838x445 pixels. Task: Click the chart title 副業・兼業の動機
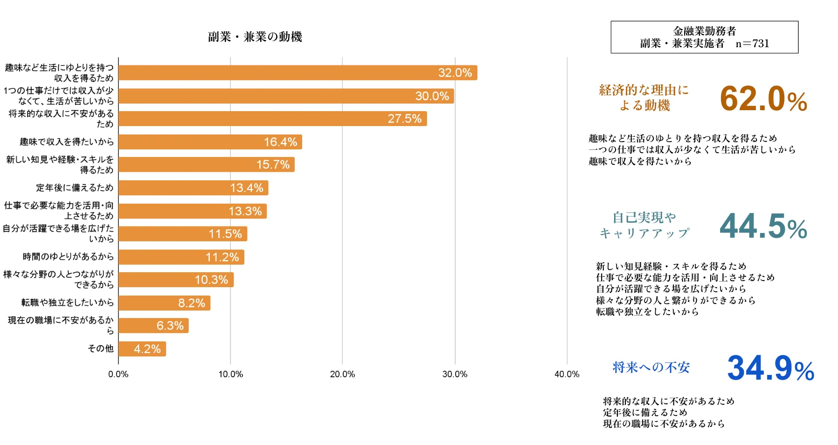coord(255,37)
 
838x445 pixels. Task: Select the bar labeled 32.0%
coord(298,73)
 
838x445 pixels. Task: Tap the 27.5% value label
coord(404,119)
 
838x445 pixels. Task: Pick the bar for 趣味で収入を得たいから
coord(210,142)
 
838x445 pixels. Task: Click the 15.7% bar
coord(206,165)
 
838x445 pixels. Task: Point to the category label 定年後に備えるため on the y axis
coord(75,188)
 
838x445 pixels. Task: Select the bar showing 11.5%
coord(182,234)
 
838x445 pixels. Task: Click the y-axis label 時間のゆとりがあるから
coord(68,256)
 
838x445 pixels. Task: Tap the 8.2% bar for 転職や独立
coord(164,303)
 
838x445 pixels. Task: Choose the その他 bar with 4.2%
coord(142,349)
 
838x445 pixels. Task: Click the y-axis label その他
coord(101,348)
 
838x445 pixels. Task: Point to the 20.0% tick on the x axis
coord(342,374)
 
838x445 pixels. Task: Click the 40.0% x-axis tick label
coord(567,374)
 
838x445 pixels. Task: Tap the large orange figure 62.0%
coord(763,99)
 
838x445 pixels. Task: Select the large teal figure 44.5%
coord(763,226)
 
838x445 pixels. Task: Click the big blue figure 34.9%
coord(770,368)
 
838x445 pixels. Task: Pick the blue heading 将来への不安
coord(651,367)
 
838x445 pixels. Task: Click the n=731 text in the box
coord(752,43)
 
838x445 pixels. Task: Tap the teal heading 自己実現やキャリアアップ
coord(644,225)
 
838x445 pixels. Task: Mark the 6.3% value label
coord(170,325)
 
